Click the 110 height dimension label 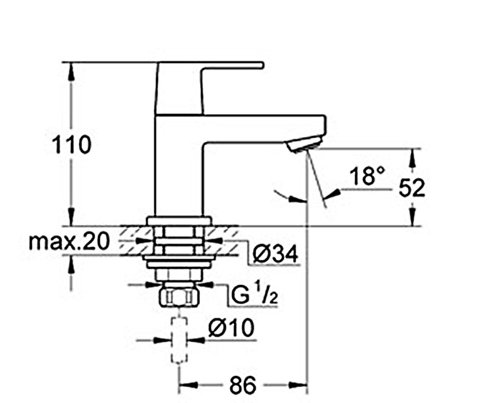point(72,145)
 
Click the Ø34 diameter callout point(275,254)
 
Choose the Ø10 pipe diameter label point(231,328)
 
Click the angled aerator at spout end point(304,145)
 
